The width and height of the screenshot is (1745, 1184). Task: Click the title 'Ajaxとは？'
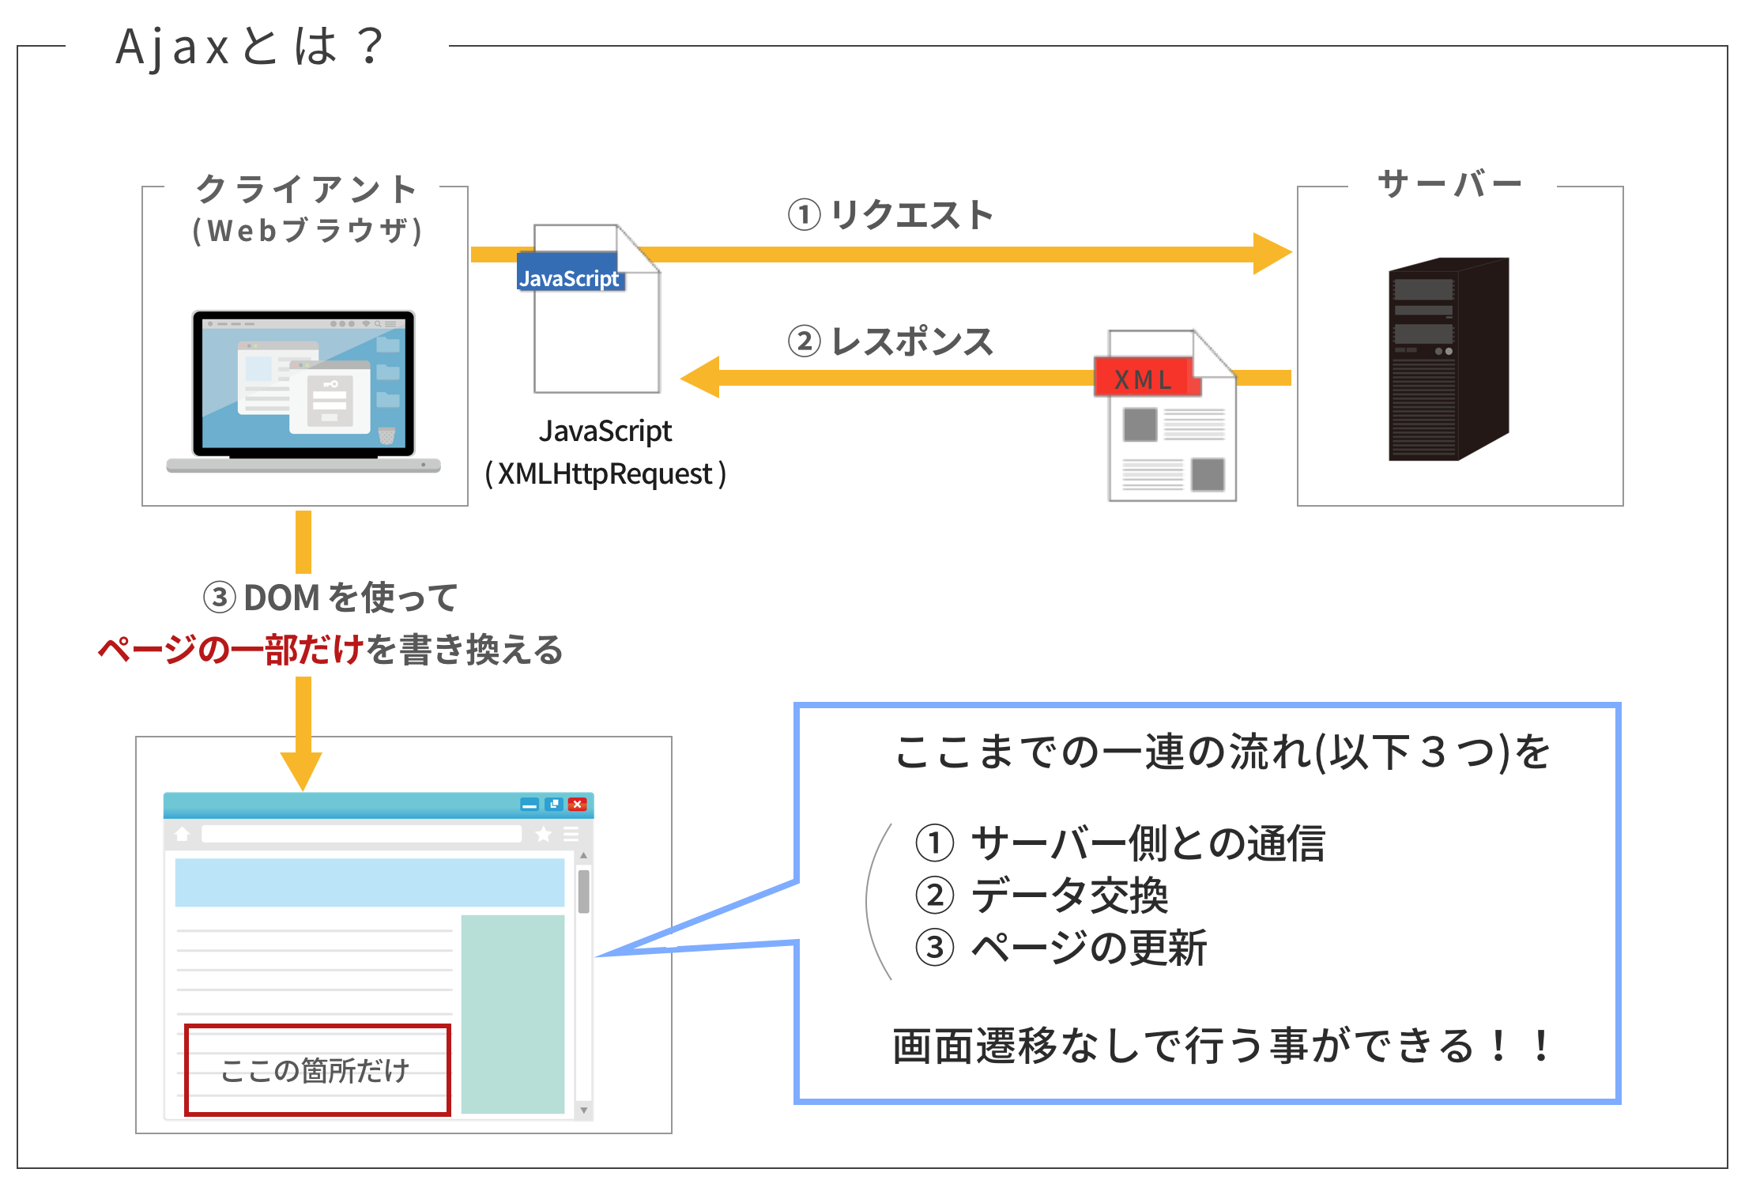click(x=250, y=46)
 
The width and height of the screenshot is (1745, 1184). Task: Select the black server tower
click(x=1449, y=359)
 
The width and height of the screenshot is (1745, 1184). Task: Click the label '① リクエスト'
click(x=891, y=215)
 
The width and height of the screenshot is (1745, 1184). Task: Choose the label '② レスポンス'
click(x=891, y=341)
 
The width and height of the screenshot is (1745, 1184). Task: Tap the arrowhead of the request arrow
click(x=1272, y=254)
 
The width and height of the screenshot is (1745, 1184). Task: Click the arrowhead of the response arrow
click(x=700, y=377)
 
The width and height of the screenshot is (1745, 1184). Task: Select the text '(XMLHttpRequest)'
click(x=605, y=474)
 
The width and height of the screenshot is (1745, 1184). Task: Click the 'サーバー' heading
click(x=1450, y=184)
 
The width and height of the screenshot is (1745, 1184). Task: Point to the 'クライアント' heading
click(x=307, y=190)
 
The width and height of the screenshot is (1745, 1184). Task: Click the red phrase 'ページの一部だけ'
click(x=230, y=650)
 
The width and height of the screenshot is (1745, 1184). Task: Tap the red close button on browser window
click(x=578, y=805)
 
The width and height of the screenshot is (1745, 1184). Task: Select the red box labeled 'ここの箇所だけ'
click(x=317, y=1070)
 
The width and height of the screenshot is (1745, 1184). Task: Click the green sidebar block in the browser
click(x=513, y=1014)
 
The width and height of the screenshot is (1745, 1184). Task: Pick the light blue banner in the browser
click(x=370, y=882)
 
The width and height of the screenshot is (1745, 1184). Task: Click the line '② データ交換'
click(x=1042, y=896)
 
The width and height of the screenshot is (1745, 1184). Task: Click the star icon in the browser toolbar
click(x=544, y=835)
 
